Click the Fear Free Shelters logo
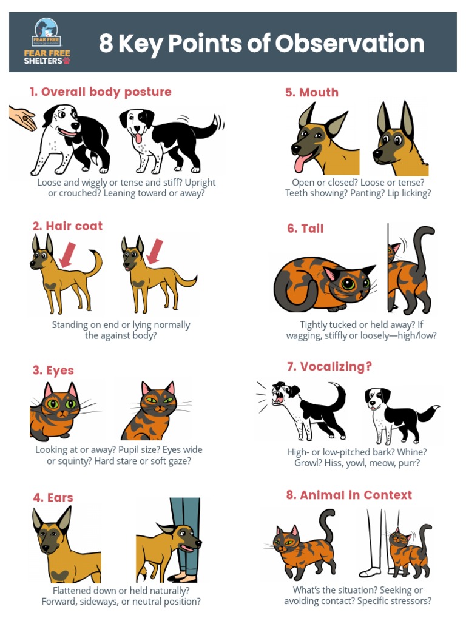pos(47,42)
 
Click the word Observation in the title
pos(349,43)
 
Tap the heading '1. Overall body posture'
pos(100,92)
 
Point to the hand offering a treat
pos(22,118)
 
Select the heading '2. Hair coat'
pos(67,226)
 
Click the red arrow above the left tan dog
pos(67,255)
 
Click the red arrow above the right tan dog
pos(155,251)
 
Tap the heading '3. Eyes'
pos(53,370)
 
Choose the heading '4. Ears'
pos(53,497)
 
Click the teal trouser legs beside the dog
pos(186,535)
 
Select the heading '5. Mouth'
pos(312,92)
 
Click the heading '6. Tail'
pos(305,229)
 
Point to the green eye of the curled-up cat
pos(348,284)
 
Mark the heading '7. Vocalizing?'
pos(329,366)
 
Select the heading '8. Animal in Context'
pos(349,495)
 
